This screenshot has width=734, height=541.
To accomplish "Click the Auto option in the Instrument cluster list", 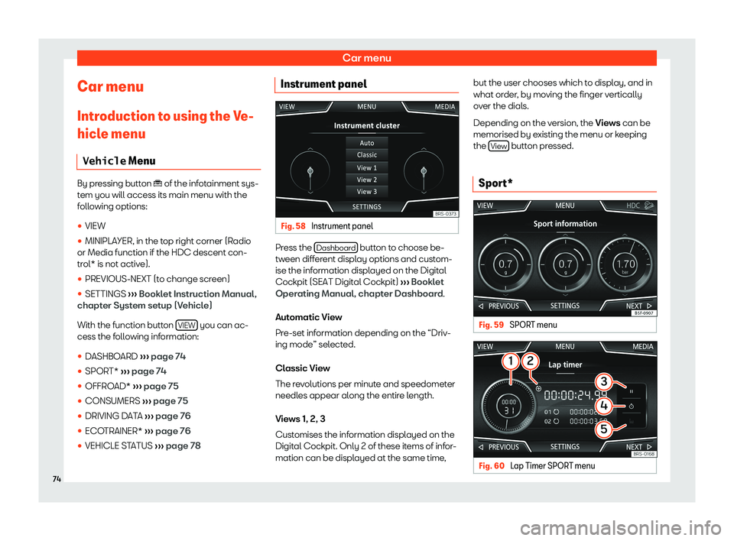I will (x=367, y=143).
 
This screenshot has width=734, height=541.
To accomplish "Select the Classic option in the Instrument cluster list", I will (x=367, y=155).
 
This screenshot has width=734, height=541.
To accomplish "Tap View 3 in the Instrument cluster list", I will (x=367, y=192).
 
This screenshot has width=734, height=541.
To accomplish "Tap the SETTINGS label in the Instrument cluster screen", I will (x=366, y=207).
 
